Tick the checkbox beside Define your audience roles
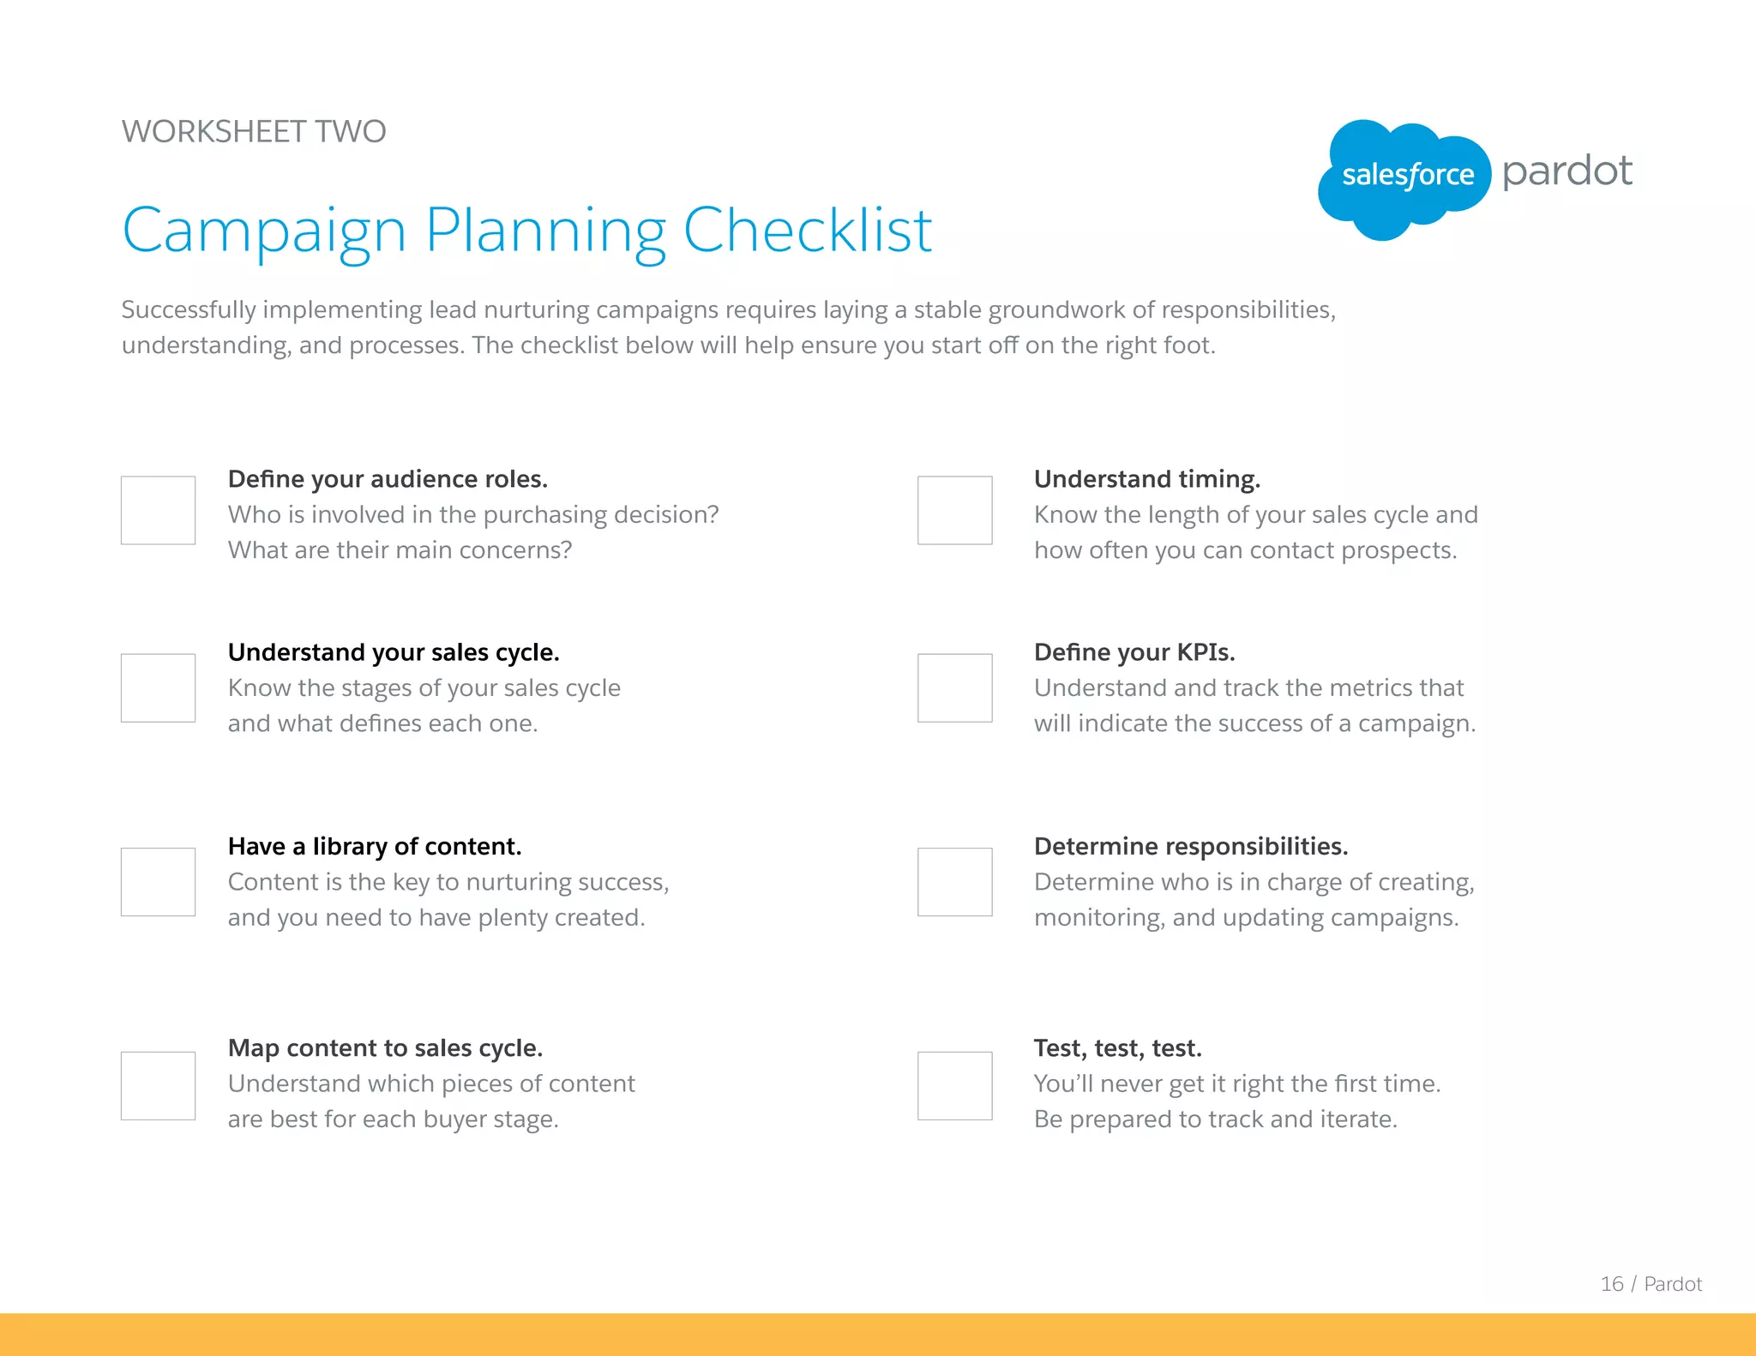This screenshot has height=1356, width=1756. click(x=158, y=510)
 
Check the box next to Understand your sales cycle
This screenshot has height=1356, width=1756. click(x=158, y=687)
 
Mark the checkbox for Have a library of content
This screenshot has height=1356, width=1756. click(x=158, y=882)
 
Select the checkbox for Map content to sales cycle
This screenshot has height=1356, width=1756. click(x=158, y=1085)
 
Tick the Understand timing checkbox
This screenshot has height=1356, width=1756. click(x=954, y=510)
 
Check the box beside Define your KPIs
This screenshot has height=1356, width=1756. click(x=954, y=687)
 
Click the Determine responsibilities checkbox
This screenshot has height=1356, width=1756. click(x=954, y=882)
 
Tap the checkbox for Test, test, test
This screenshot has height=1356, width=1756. click(x=954, y=1085)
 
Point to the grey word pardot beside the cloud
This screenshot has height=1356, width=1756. click(x=1567, y=171)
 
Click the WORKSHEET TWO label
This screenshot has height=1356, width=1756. click(x=254, y=132)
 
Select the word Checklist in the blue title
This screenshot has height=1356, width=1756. click(x=807, y=231)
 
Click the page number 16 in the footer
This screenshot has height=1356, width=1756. click(x=1611, y=1284)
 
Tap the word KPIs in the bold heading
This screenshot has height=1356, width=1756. click(x=1206, y=652)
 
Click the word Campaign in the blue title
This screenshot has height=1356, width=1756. click(x=264, y=231)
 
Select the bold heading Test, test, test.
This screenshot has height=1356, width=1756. click(x=1117, y=1048)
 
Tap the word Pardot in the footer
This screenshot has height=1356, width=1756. click(x=1672, y=1284)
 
